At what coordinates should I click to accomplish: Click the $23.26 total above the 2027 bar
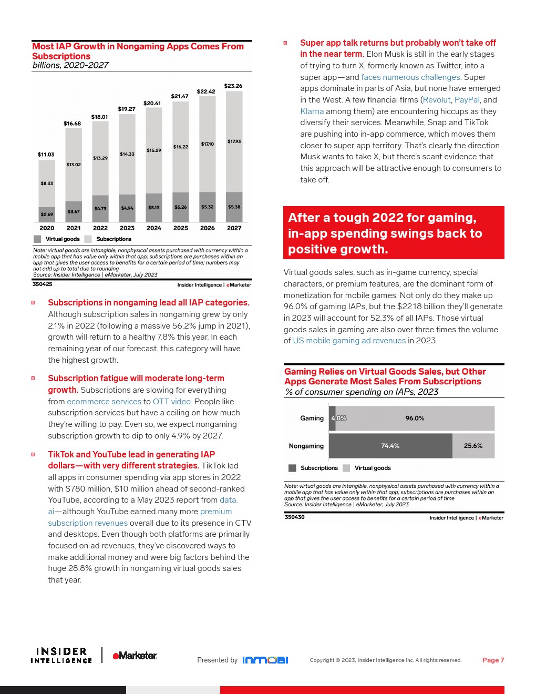pos(233,86)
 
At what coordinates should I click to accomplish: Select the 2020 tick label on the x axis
pos(47,228)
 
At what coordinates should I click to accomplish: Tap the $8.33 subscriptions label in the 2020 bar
pos(47,183)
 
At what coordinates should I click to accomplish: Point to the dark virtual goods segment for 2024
pos(154,208)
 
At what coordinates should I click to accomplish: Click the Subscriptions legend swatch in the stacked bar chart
pos(88,239)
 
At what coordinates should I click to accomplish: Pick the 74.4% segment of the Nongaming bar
pos(390,446)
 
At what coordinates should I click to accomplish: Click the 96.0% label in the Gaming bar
pos(415,419)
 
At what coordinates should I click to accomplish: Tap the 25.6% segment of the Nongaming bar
pos(473,446)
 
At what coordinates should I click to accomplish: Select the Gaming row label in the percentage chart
pos(312,419)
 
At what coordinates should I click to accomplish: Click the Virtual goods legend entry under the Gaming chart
pos(372,468)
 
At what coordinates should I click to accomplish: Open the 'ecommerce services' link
pos(104,402)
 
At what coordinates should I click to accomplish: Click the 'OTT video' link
pos(171,402)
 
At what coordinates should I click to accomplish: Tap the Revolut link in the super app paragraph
pos(437,100)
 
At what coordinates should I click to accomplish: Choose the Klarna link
pos(312,111)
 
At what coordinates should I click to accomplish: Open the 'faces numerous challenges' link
pos(410,77)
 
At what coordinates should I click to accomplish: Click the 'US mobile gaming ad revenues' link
pos(349,341)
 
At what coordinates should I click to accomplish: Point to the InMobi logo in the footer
pos(265,660)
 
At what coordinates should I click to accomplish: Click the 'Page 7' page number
pos(493,660)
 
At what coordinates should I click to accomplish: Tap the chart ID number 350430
pos(294,517)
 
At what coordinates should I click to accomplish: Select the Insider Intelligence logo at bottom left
pos(61,655)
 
